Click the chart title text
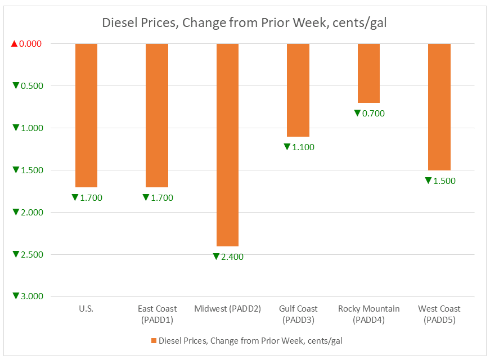(244, 23)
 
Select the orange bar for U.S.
(86, 115)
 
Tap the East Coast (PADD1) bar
(156, 115)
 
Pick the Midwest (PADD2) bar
(227, 145)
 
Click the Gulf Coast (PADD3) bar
(298, 90)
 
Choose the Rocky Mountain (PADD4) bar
(368, 73)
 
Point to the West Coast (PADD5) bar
(439, 107)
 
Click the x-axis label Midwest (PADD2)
(227, 309)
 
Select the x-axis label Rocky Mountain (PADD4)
(368, 314)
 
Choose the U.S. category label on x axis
(86, 309)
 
